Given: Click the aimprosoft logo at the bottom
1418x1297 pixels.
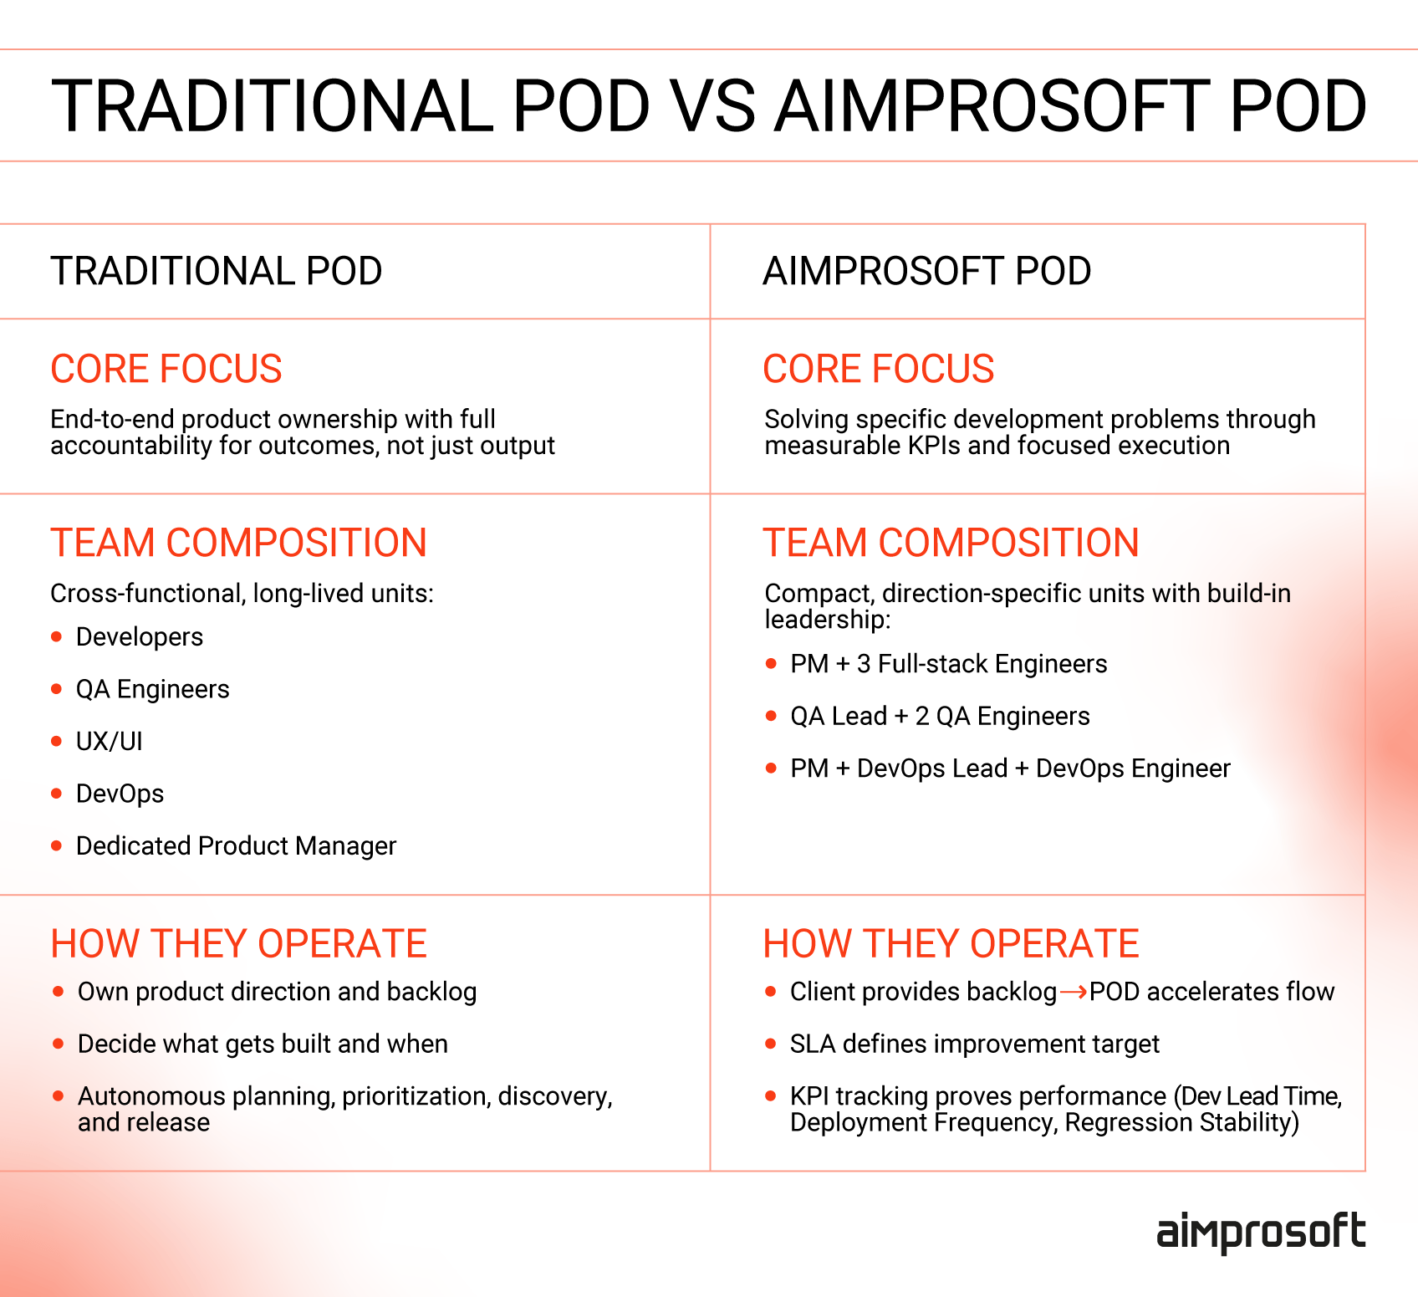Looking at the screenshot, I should [1260, 1233].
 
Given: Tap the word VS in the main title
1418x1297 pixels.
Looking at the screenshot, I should [714, 106].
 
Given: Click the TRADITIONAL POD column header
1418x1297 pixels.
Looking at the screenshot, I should [216, 271].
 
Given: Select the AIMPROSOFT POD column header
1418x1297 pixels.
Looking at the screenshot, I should [926, 271].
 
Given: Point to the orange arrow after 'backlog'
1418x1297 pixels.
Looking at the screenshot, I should [1074, 993].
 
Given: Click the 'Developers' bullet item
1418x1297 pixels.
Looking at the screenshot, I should [140, 637].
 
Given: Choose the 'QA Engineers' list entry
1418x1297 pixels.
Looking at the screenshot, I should [152, 689].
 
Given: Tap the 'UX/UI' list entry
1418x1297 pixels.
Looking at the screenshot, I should [110, 742].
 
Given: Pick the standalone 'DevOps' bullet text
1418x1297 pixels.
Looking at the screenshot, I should [120, 794].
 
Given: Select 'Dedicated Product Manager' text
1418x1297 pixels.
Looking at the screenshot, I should [236, 846].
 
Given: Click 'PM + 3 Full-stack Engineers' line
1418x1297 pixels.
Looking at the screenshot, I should [948, 664].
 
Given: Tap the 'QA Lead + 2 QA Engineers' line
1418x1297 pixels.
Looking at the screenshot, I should [940, 717].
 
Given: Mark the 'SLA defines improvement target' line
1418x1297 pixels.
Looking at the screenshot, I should [974, 1044].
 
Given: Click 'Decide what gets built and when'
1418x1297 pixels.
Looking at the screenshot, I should [263, 1044].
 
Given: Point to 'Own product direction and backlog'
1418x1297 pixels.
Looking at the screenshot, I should [277, 992].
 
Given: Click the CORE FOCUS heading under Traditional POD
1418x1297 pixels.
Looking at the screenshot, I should [166, 369].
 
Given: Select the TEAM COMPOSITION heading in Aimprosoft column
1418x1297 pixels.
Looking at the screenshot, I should [951, 543].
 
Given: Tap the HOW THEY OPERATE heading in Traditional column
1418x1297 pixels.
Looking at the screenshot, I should [238, 944].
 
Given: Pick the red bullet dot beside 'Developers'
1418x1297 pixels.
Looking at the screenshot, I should [57, 637].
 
